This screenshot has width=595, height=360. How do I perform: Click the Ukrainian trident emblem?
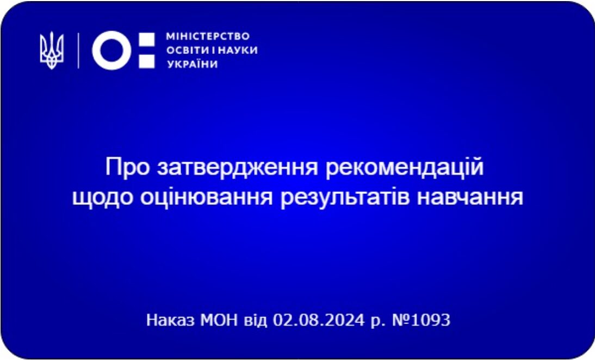point(52,51)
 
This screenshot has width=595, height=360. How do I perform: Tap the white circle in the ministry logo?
point(111,51)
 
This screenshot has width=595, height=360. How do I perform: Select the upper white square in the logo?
point(146,40)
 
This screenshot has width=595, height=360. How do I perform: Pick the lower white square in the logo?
point(146,61)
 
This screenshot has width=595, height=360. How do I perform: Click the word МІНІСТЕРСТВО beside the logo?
point(208,36)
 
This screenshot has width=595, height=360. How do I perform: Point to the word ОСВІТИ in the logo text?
point(188,51)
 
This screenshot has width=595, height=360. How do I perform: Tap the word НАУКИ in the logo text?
point(237,51)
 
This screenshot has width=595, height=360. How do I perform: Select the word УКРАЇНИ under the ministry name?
point(193,64)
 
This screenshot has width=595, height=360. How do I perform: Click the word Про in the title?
point(127,168)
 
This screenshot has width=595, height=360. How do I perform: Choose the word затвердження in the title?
point(238,168)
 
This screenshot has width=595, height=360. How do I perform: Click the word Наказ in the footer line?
point(171,320)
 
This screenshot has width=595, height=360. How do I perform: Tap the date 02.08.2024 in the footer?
point(319,320)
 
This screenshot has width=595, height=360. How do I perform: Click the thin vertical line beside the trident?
point(78,51)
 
